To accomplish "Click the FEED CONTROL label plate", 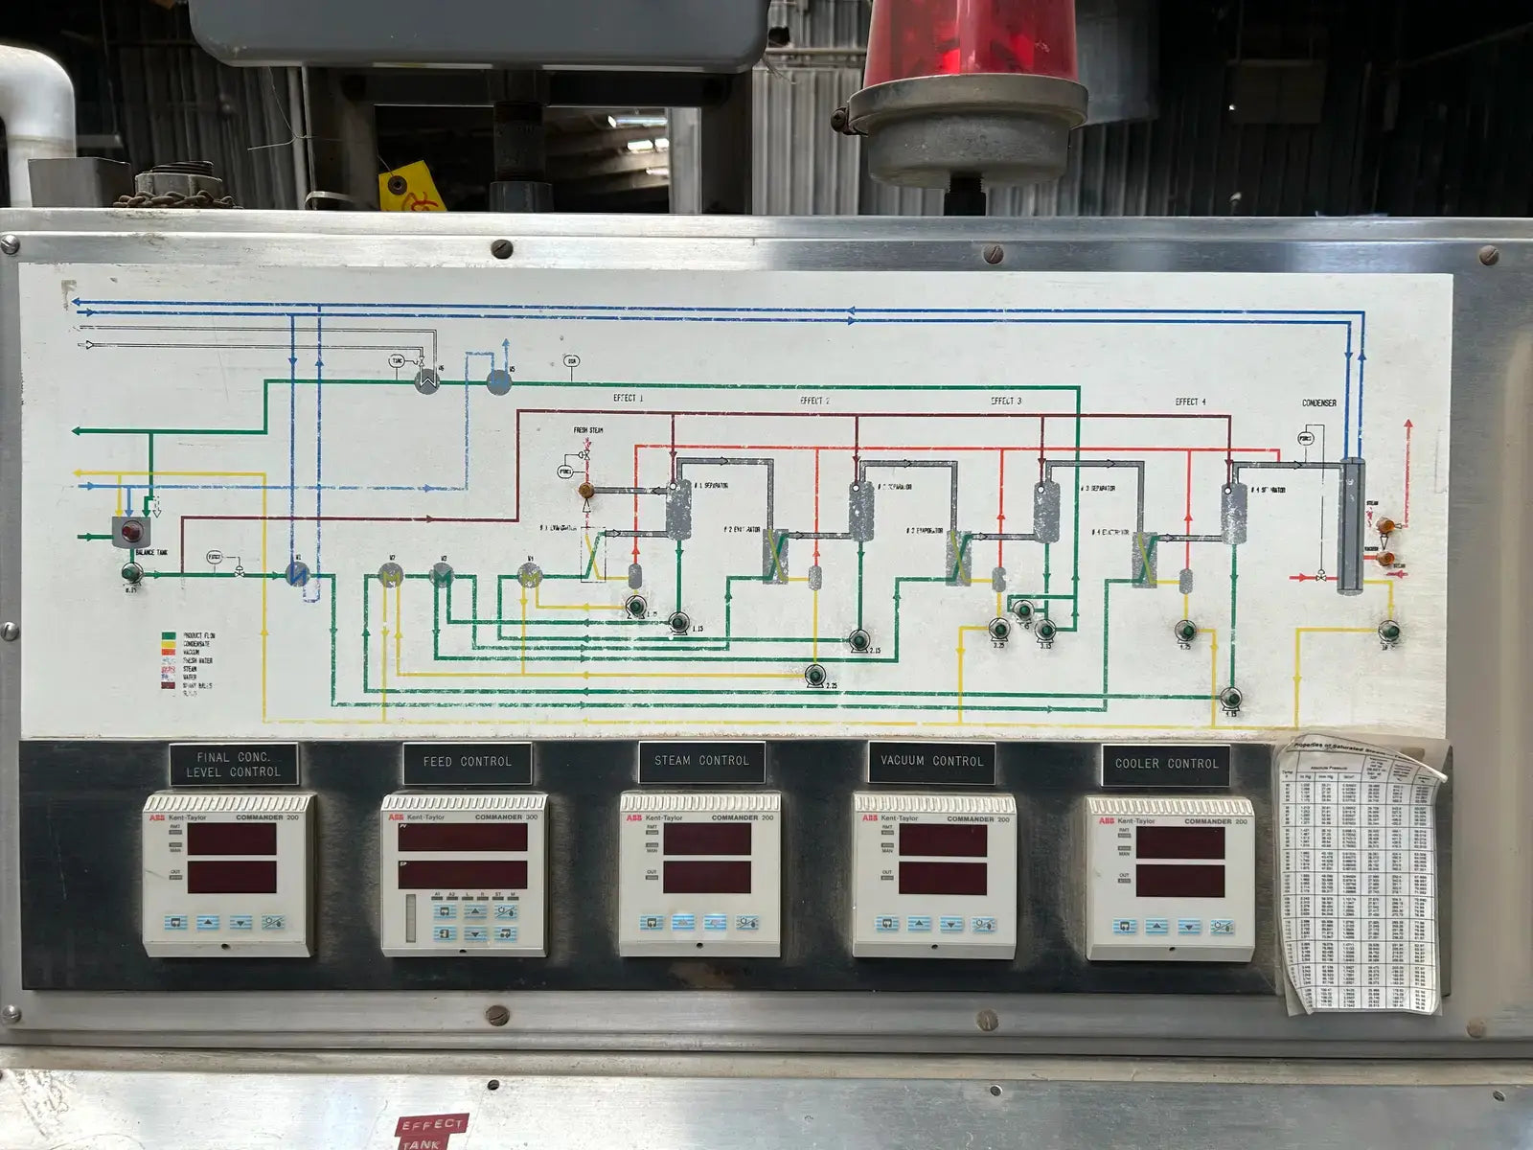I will click(x=467, y=762).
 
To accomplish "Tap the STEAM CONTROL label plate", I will click(x=702, y=761).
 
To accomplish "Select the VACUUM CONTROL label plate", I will click(x=931, y=761).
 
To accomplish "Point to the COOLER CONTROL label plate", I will click(x=1166, y=764).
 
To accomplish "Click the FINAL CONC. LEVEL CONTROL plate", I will click(x=234, y=764).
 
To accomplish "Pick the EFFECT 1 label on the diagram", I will click(x=629, y=399).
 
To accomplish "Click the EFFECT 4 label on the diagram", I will click(x=1191, y=402).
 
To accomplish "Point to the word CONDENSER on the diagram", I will click(x=1318, y=402).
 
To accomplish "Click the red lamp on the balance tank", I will click(x=131, y=531).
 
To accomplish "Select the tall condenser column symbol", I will click(x=1349, y=524).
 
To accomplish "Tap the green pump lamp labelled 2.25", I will click(x=815, y=676).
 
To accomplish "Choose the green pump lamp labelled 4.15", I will click(x=1232, y=697).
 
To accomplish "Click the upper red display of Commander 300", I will click(x=463, y=838).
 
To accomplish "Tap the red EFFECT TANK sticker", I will click(x=431, y=1131).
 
